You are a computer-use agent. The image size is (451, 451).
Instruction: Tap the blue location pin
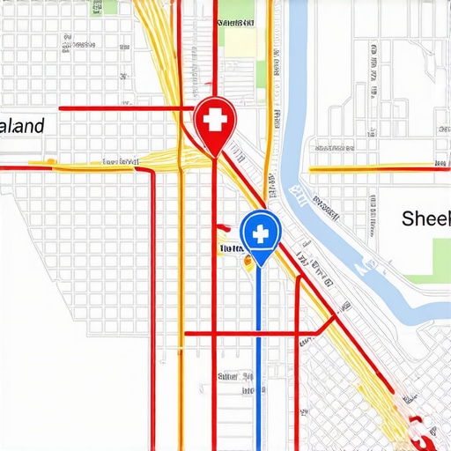pos(260,234)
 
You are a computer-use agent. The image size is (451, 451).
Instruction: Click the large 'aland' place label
pos(21,126)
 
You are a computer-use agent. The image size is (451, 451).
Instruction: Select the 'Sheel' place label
pos(425,218)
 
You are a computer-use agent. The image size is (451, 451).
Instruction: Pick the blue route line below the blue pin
pos(259,352)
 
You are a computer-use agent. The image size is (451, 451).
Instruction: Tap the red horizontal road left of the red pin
pos(123,108)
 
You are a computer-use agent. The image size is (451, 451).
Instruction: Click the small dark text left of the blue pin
pos(230,249)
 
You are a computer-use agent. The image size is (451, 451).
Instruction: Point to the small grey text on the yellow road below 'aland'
pos(122,162)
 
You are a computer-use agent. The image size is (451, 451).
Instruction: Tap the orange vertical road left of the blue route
pos(181,308)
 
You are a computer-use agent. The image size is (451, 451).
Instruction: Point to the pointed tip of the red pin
pos(213,157)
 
